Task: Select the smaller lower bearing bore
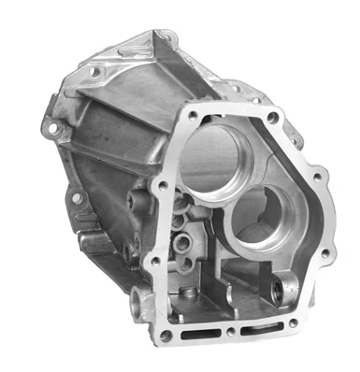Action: (259, 215)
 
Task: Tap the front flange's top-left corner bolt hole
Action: (192, 115)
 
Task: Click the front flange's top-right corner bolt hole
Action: (272, 119)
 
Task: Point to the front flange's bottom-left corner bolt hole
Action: (166, 334)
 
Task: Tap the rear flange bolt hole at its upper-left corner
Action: (94, 71)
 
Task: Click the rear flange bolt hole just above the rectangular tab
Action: (76, 198)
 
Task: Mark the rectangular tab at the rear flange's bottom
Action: (94, 241)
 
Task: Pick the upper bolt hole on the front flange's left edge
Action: (162, 186)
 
